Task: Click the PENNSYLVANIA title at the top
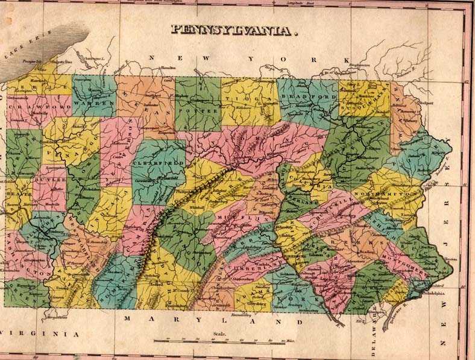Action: (234, 29)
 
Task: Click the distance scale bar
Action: (220, 341)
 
